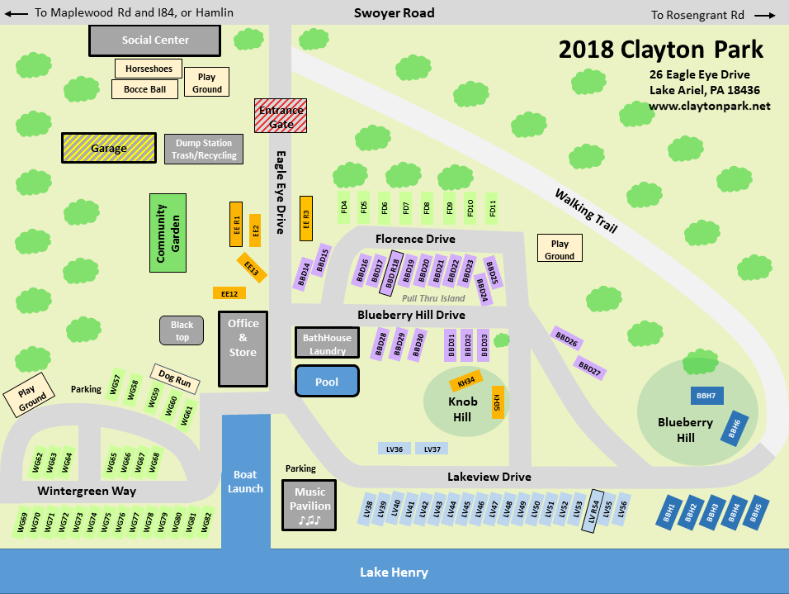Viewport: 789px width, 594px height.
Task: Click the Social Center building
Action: point(154,40)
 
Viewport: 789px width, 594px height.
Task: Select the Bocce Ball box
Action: point(144,89)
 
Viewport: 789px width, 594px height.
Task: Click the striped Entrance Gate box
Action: point(281,116)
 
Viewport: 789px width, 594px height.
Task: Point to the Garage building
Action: point(109,148)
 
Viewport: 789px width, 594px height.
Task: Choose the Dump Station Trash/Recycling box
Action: point(204,149)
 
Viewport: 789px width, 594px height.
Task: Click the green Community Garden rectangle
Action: point(168,233)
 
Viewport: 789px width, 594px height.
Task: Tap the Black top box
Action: point(182,330)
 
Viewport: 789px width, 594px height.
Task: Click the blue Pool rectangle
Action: point(327,382)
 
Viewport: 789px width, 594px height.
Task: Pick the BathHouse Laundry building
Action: point(327,343)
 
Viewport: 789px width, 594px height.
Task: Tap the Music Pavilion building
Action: point(310,506)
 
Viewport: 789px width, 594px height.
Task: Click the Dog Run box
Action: point(175,380)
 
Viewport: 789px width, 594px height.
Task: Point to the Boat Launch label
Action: point(246,481)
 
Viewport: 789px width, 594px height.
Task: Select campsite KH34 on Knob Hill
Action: point(466,382)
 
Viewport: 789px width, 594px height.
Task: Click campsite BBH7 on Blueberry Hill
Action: point(706,396)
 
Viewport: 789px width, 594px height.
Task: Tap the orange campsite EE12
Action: point(229,293)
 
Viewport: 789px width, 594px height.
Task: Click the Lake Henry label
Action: point(394,573)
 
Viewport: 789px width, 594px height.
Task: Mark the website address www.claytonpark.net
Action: point(709,106)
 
